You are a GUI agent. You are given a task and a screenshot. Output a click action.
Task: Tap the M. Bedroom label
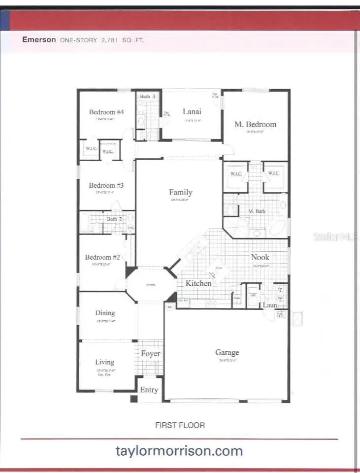pos(255,124)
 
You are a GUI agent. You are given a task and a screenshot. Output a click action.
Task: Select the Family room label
pos(180,193)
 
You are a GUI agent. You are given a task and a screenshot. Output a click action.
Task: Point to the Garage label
pos(227,352)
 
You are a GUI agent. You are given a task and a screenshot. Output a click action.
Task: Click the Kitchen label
pos(198,283)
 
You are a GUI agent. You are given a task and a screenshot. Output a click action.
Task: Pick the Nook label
pos(260,257)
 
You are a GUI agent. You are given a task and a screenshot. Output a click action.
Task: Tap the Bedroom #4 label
pos(106,112)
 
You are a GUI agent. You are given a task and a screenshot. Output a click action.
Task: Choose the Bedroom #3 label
pos(106,185)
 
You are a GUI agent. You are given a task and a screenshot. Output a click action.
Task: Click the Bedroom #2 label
pos(102,257)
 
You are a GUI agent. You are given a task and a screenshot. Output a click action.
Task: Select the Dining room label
pos(105,312)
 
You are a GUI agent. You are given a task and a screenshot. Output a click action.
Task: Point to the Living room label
pos(104,362)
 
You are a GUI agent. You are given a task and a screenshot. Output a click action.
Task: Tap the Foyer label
pos(150,354)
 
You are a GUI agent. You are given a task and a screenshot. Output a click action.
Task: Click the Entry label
pos(149,390)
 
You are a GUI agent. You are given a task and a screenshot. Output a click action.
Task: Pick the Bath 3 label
pos(147,97)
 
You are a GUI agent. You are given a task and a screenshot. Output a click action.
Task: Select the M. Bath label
pos(257,211)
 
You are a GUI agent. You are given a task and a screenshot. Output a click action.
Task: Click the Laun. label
pos(270,305)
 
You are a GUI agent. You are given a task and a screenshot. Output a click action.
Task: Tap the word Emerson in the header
pos(39,40)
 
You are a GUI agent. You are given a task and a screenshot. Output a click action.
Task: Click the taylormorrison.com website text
pos(179,450)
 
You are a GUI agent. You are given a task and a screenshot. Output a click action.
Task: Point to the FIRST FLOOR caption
pos(180,425)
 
